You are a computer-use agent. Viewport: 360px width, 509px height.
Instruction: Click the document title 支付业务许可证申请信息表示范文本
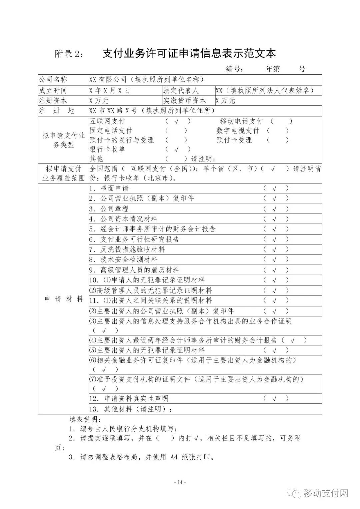(x=189, y=53)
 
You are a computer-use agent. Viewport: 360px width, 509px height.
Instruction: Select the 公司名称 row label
(x=53, y=80)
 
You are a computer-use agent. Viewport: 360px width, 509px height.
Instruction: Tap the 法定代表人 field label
(x=181, y=91)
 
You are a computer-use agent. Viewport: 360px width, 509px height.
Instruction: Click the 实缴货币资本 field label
(x=185, y=101)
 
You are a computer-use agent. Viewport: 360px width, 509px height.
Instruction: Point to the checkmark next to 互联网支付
(x=177, y=121)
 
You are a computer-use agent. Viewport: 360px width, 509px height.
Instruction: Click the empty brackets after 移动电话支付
(x=281, y=121)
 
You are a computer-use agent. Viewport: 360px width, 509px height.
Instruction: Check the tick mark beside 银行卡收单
(x=177, y=149)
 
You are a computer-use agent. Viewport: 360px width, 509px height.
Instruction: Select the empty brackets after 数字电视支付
(x=278, y=131)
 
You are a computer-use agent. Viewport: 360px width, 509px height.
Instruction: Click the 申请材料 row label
(x=64, y=299)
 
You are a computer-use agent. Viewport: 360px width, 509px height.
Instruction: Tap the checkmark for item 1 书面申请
(x=275, y=189)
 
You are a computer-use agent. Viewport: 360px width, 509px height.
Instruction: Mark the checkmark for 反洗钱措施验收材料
(x=275, y=250)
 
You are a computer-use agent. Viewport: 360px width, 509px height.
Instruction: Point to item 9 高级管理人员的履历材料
(x=140, y=270)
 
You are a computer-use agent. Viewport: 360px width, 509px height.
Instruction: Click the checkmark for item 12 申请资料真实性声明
(x=275, y=398)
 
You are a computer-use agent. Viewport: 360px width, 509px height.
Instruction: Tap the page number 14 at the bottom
(x=180, y=482)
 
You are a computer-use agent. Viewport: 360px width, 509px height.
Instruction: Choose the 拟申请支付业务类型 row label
(x=64, y=140)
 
